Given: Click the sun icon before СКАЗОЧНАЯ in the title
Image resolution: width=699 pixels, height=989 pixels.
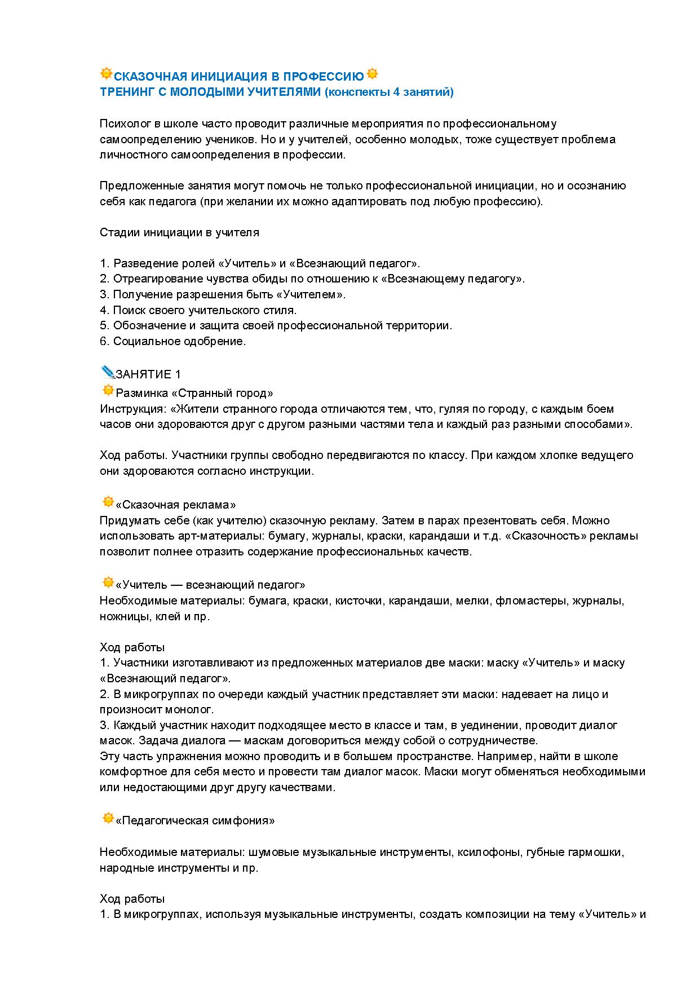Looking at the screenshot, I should click(106, 74).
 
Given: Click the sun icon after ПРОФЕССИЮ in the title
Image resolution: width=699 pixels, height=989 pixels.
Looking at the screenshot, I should click(372, 74).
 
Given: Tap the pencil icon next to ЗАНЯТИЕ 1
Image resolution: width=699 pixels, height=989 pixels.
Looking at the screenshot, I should click(107, 372).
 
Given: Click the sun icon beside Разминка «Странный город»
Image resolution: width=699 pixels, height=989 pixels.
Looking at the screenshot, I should click(108, 390).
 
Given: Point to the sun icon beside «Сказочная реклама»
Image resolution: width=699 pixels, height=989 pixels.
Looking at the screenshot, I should click(108, 502).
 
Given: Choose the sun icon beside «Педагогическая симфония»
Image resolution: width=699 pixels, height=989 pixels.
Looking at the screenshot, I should click(108, 818).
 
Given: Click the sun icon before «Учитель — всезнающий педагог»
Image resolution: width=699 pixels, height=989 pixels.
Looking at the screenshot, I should click(108, 582).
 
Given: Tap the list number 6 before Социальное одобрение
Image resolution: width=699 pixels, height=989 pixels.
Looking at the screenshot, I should click(104, 341).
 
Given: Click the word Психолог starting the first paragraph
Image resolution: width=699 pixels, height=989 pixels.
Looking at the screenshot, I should click(122, 124).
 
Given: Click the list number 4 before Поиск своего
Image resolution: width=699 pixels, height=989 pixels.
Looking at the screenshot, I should click(104, 310).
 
